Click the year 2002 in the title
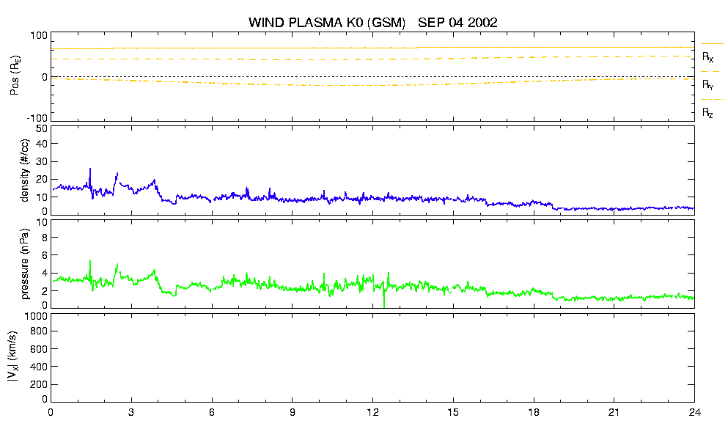point(482,22)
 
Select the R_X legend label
point(707,57)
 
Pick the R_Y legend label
point(707,84)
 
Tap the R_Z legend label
point(707,112)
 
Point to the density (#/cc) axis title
point(24,170)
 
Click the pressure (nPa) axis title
point(24,263)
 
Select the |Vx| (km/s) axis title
point(13,357)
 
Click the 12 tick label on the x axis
point(372,412)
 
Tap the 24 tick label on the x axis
point(694,412)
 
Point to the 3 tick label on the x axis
point(131,412)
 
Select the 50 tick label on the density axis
point(42,128)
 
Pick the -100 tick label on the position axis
point(37,118)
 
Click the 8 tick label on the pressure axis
point(45,238)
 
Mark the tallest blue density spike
point(90,169)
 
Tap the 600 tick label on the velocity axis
point(39,349)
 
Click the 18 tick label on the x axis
point(534,412)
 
